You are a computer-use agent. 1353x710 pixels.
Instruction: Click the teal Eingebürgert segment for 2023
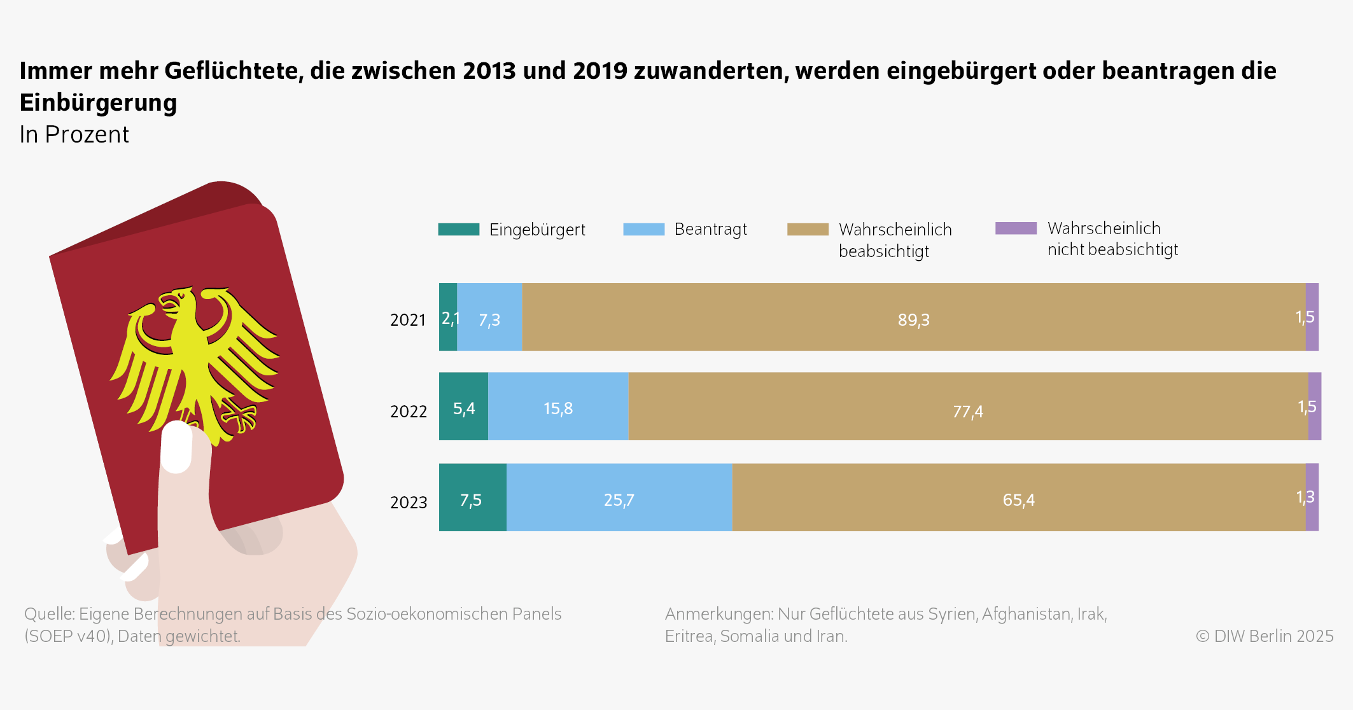pyautogui.click(x=472, y=498)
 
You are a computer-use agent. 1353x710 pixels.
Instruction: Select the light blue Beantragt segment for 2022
pyautogui.click(x=558, y=407)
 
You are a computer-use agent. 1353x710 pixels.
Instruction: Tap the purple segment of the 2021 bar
pyautogui.click(x=1312, y=317)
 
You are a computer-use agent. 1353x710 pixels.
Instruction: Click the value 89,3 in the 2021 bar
pyautogui.click(x=913, y=319)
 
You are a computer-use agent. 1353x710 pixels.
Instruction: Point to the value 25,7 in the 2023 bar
pyautogui.click(x=619, y=500)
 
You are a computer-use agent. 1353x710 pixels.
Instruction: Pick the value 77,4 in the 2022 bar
pyautogui.click(x=967, y=412)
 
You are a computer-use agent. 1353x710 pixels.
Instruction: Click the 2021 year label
pyautogui.click(x=407, y=319)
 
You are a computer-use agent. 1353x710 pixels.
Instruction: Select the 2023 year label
pyautogui.click(x=408, y=502)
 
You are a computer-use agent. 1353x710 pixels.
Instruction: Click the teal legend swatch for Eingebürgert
pyautogui.click(x=458, y=230)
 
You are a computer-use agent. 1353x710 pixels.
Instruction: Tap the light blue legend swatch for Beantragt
pyautogui.click(x=643, y=230)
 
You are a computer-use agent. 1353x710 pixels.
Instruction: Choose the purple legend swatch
pyautogui.click(x=1016, y=228)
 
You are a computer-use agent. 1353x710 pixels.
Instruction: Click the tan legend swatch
pyautogui.click(x=808, y=230)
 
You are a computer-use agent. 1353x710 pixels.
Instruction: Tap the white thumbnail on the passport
pyautogui.click(x=176, y=447)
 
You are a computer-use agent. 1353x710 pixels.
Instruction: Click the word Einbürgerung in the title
pyautogui.click(x=98, y=102)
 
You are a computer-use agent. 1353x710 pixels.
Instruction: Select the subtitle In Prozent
pyautogui.click(x=74, y=134)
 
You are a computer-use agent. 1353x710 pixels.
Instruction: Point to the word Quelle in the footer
pyautogui.click(x=49, y=614)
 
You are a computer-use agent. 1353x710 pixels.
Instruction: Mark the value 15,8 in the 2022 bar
pyautogui.click(x=558, y=408)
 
